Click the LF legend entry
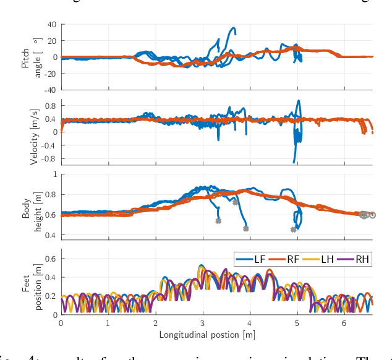pyautogui.click(x=256, y=259)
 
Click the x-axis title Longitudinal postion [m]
pyautogui.click(x=207, y=335)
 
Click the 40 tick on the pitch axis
pyautogui.click(x=51, y=25)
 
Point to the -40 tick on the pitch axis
pyautogui.click(x=49, y=90)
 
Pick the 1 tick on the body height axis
pyautogui.click(x=54, y=174)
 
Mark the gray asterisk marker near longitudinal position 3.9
pyautogui.click(x=246, y=229)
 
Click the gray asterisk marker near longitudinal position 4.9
pyautogui.click(x=293, y=229)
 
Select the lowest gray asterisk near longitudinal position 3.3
pyautogui.click(x=218, y=221)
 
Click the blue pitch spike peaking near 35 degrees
pyautogui.click(x=233, y=28)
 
